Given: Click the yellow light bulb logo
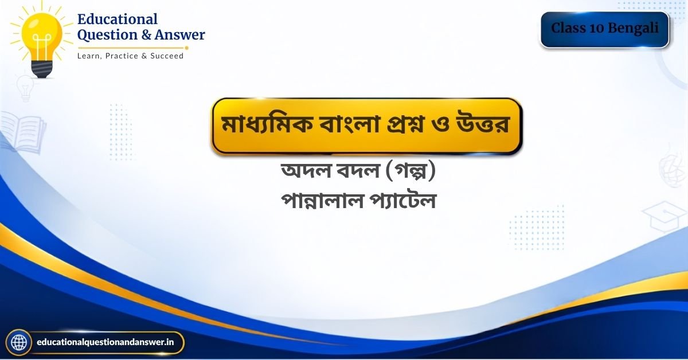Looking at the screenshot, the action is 42,40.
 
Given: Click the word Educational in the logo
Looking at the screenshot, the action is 118,19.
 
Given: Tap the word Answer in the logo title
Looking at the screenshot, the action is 179,35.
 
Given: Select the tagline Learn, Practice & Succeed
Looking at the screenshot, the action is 130,56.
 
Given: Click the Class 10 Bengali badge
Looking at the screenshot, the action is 605,29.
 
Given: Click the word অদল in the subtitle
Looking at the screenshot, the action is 306,170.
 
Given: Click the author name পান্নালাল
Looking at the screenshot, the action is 322,201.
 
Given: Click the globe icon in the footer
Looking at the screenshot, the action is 19,342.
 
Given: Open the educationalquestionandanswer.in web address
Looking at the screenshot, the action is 105,342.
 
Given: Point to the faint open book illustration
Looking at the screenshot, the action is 24,132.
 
